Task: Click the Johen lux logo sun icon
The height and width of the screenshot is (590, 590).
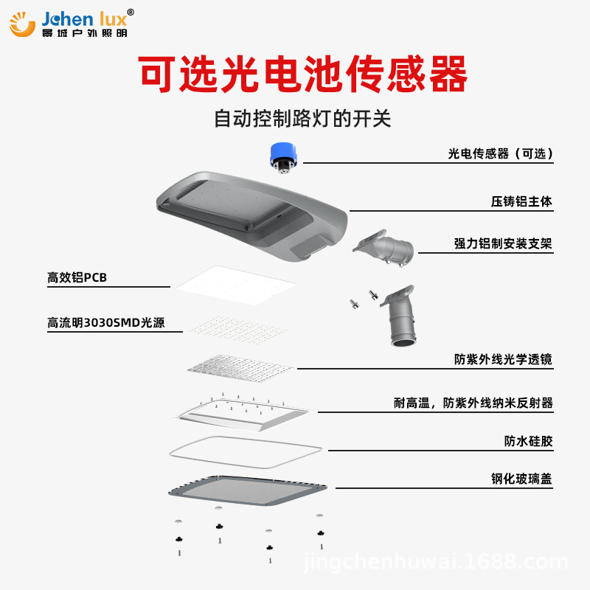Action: pos(22,24)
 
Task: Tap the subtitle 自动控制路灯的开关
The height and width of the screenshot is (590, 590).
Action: pos(302,119)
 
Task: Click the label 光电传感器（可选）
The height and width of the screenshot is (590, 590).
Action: pos(500,153)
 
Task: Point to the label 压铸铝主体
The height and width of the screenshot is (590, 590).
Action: pos(521,201)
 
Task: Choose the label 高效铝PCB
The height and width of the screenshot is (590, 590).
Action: pos(77,278)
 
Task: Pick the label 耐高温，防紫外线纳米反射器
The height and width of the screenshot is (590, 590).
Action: pos(473,403)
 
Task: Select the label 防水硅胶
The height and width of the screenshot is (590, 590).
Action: pos(528,442)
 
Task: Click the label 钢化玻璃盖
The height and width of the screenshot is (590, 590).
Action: pos(521,479)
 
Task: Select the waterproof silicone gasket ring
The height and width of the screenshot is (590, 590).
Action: pos(244,451)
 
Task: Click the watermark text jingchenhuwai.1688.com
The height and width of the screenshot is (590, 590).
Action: pos(435,563)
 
